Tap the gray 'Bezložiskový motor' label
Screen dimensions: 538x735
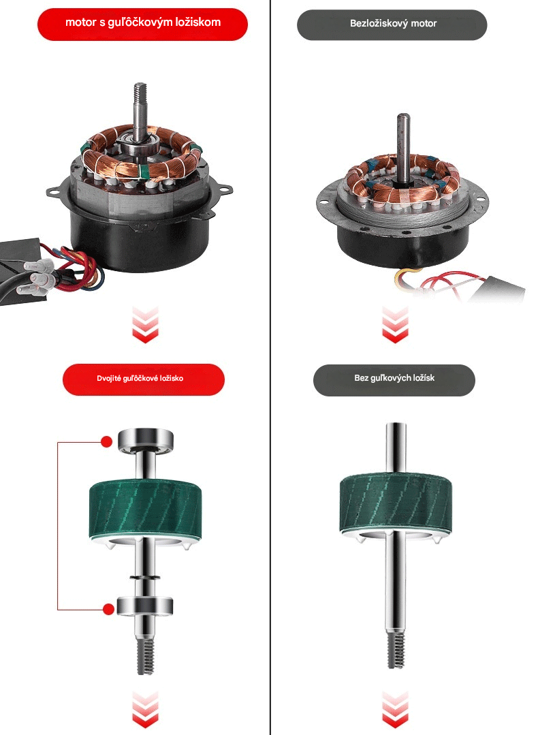pos(392,24)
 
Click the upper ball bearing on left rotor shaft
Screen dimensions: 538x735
pos(145,440)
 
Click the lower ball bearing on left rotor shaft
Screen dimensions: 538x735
pos(145,606)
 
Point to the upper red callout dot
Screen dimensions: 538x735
pos(107,441)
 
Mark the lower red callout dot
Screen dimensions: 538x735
pos(109,610)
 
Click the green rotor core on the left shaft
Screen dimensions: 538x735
pos(145,510)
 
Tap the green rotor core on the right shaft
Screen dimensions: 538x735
pos(396,504)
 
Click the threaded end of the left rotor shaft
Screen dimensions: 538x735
pos(145,657)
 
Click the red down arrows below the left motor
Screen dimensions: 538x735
pos(145,324)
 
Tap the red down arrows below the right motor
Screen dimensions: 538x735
pos(395,324)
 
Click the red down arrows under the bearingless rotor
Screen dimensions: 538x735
pos(395,709)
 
